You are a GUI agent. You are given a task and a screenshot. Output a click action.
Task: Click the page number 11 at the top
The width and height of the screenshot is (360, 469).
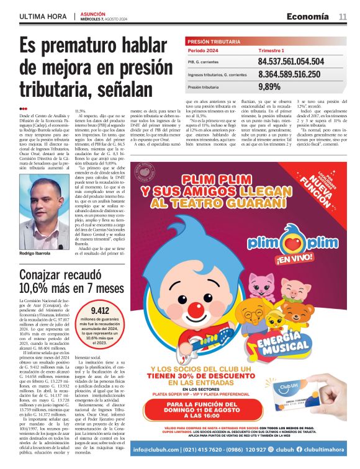(x=343, y=16)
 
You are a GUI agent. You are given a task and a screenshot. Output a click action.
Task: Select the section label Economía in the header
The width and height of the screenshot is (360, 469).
(x=308, y=16)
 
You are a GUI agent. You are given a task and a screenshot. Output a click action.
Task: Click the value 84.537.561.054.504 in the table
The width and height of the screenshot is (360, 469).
(x=290, y=62)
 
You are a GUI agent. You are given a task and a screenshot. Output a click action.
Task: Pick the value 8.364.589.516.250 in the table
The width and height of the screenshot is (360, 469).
(x=289, y=74)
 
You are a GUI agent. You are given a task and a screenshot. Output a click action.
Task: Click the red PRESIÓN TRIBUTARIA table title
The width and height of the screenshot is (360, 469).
(x=214, y=41)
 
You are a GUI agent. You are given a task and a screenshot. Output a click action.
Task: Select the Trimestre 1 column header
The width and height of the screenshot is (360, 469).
(x=271, y=50)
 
